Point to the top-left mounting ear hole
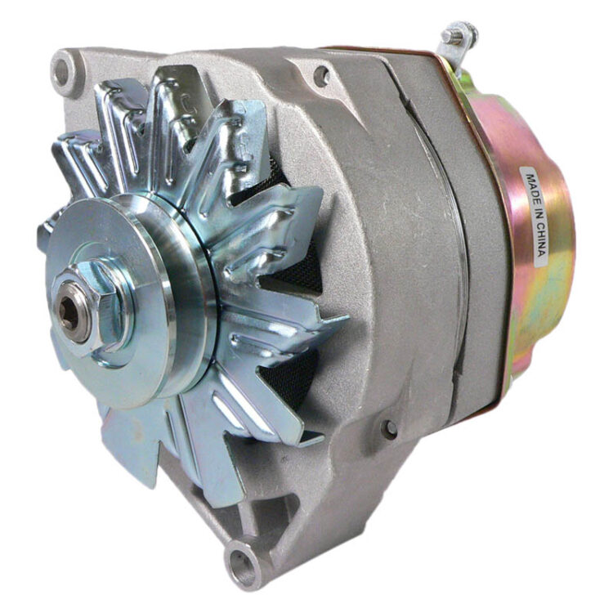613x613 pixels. pos(62,74)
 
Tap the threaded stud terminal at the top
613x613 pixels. pos(454,35)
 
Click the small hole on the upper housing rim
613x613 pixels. pos(321,76)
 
